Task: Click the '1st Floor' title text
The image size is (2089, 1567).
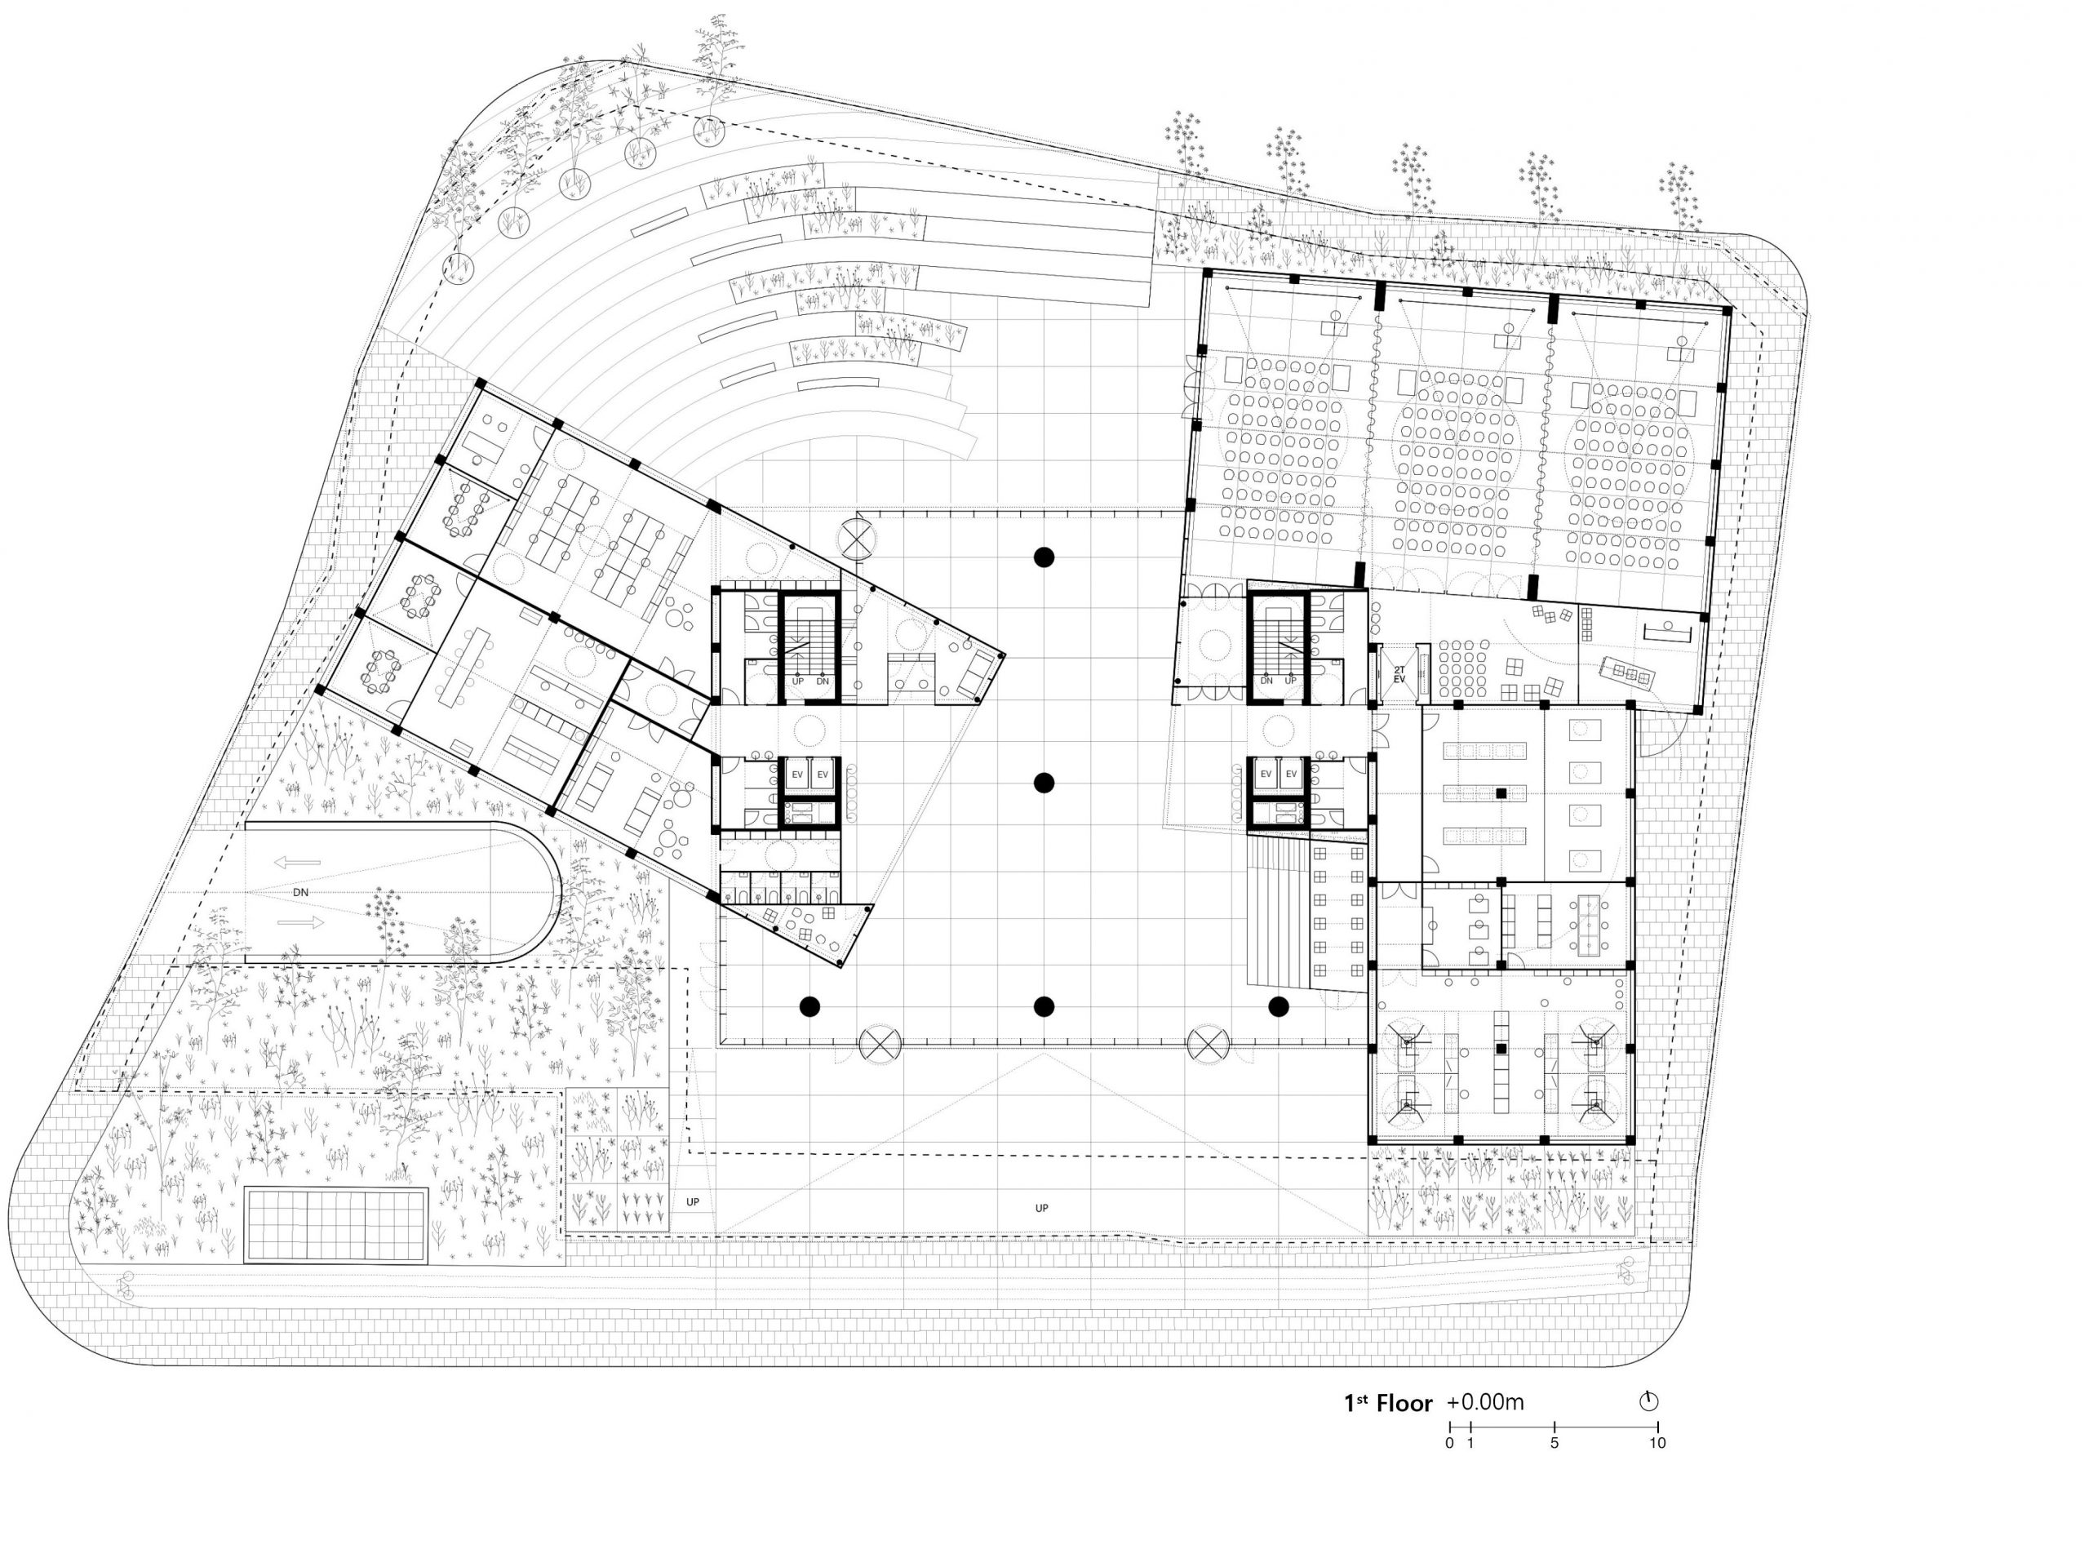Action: click(x=1388, y=1404)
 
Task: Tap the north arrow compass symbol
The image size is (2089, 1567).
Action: click(x=1648, y=1401)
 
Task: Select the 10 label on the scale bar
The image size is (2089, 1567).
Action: click(x=1657, y=1443)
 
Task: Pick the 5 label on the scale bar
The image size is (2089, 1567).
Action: click(x=1555, y=1443)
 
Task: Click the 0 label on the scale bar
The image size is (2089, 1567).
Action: click(x=1449, y=1443)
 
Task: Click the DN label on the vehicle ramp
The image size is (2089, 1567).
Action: click(x=300, y=892)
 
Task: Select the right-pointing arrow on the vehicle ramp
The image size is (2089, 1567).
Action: click(x=302, y=923)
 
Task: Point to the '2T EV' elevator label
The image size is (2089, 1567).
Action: click(x=1399, y=674)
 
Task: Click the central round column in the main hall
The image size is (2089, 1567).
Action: click(x=1044, y=782)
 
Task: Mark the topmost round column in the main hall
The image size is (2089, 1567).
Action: click(x=1044, y=557)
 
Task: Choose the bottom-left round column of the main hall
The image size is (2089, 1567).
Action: click(x=809, y=1007)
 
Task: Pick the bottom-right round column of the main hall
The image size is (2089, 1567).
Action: click(x=1279, y=1007)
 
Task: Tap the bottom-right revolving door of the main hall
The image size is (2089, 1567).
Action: click(x=1208, y=1045)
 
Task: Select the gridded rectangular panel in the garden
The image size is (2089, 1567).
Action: click(x=336, y=1225)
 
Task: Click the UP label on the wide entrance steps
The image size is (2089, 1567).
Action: click(x=1042, y=1208)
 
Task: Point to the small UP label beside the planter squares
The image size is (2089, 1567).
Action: click(x=693, y=1202)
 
